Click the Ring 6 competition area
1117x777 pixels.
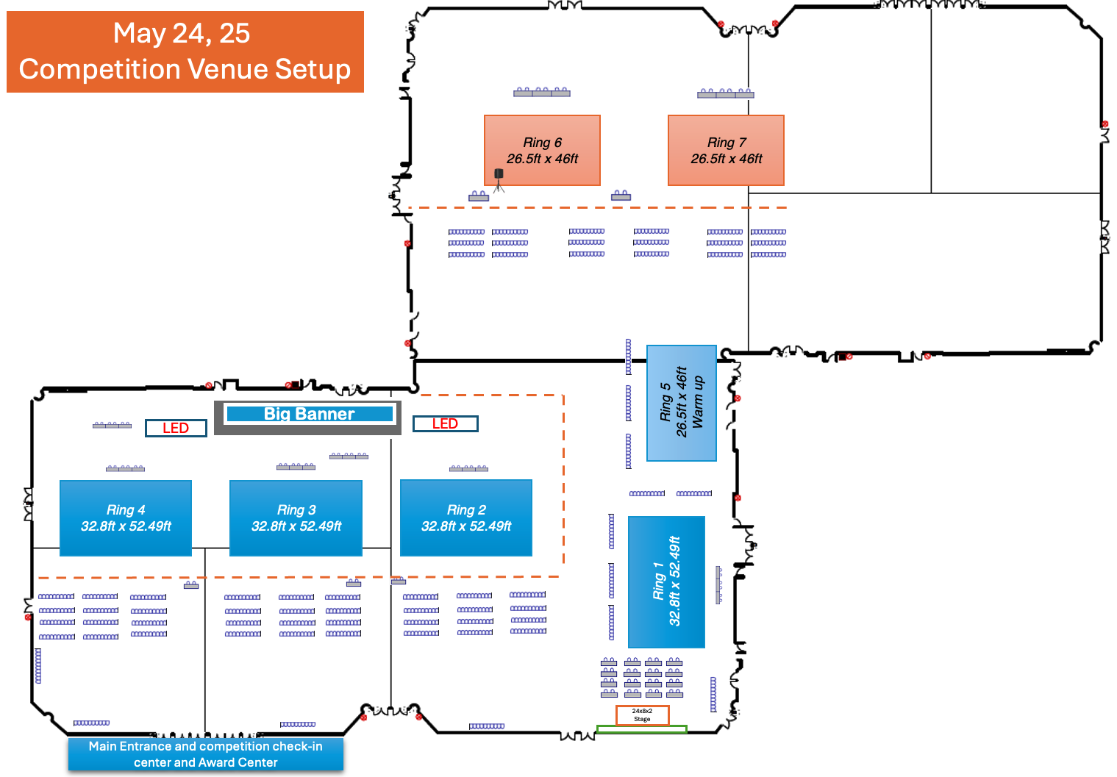[x=542, y=150]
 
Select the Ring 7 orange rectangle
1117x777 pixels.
[x=726, y=150]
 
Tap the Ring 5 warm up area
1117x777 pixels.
[x=682, y=403]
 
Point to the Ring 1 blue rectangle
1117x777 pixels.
[x=666, y=581]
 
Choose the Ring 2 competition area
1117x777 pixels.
[x=466, y=518]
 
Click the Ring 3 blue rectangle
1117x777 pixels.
[x=296, y=518]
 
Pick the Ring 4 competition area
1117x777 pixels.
[x=126, y=518]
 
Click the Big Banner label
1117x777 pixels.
[x=309, y=415]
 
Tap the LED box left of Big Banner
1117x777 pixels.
[x=176, y=428]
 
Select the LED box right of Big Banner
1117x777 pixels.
[x=445, y=423]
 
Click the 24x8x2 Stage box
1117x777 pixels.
[x=642, y=715]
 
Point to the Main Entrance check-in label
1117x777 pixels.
[x=206, y=754]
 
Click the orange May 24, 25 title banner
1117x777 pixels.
[x=185, y=51]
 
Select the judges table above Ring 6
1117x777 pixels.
[x=542, y=92]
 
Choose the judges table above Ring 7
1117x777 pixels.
[x=726, y=93]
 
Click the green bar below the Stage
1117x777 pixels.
[x=641, y=729]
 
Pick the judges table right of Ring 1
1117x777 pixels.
[x=719, y=585]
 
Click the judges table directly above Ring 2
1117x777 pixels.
[x=468, y=468]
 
